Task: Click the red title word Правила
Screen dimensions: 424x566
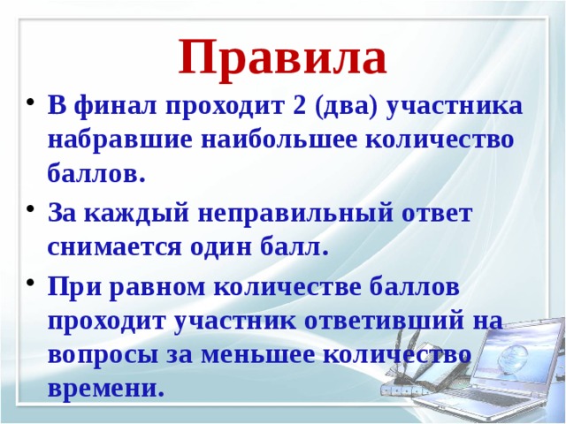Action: pos(282,58)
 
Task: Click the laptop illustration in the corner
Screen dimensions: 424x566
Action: pos(495,371)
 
